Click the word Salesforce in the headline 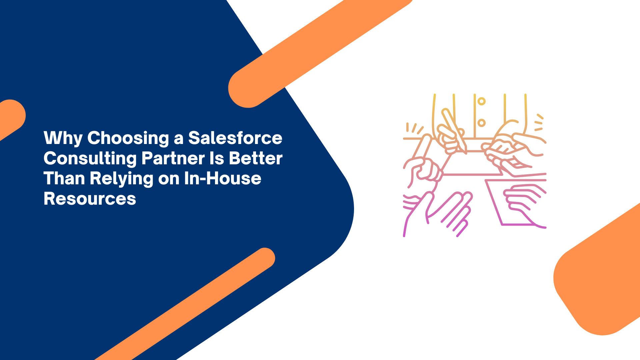235,138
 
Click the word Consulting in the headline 90,159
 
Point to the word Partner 173,158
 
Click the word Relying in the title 121,179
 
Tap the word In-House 223,178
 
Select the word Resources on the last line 90,199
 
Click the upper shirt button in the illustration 481,101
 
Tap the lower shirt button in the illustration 481,123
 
